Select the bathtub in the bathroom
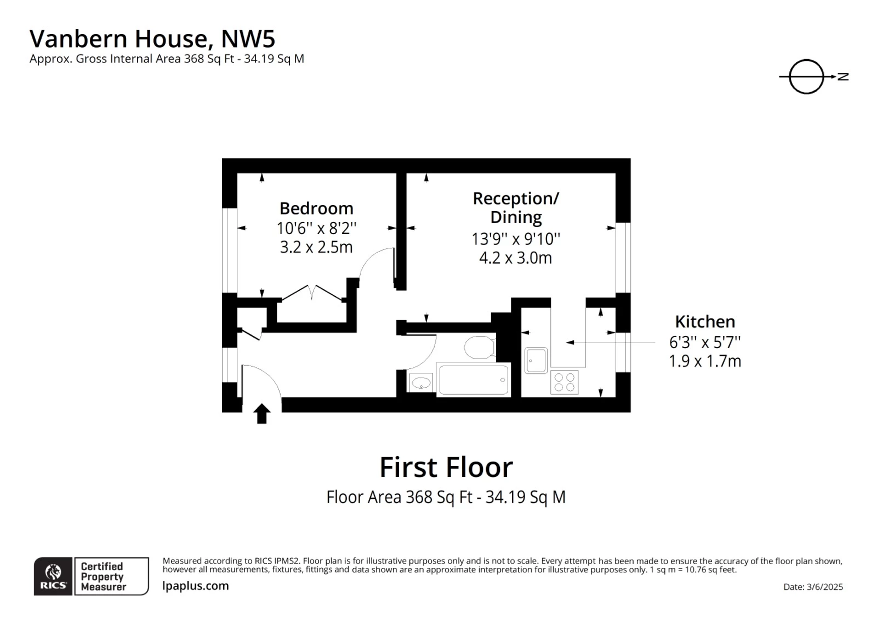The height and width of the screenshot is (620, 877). coord(474,379)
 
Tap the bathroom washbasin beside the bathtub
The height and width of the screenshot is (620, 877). coord(421,383)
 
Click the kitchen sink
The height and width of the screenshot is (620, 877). coord(536,360)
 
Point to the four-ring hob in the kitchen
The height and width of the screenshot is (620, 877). coord(564,382)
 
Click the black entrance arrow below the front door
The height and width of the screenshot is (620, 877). coord(262,413)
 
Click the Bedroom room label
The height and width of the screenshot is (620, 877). coord(316,208)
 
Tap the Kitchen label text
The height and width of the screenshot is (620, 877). coord(705,321)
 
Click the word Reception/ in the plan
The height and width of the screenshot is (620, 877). coord(516,198)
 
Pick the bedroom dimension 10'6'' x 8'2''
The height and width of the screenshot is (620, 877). coord(316,228)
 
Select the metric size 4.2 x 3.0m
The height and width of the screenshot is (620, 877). coord(515,258)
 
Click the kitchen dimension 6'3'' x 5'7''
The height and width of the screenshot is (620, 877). coord(705,342)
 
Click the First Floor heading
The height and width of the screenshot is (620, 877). coord(446,468)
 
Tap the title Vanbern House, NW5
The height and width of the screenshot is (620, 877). coord(152,39)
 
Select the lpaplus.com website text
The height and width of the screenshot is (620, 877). coord(196,586)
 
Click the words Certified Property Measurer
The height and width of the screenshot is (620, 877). coord(103,576)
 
